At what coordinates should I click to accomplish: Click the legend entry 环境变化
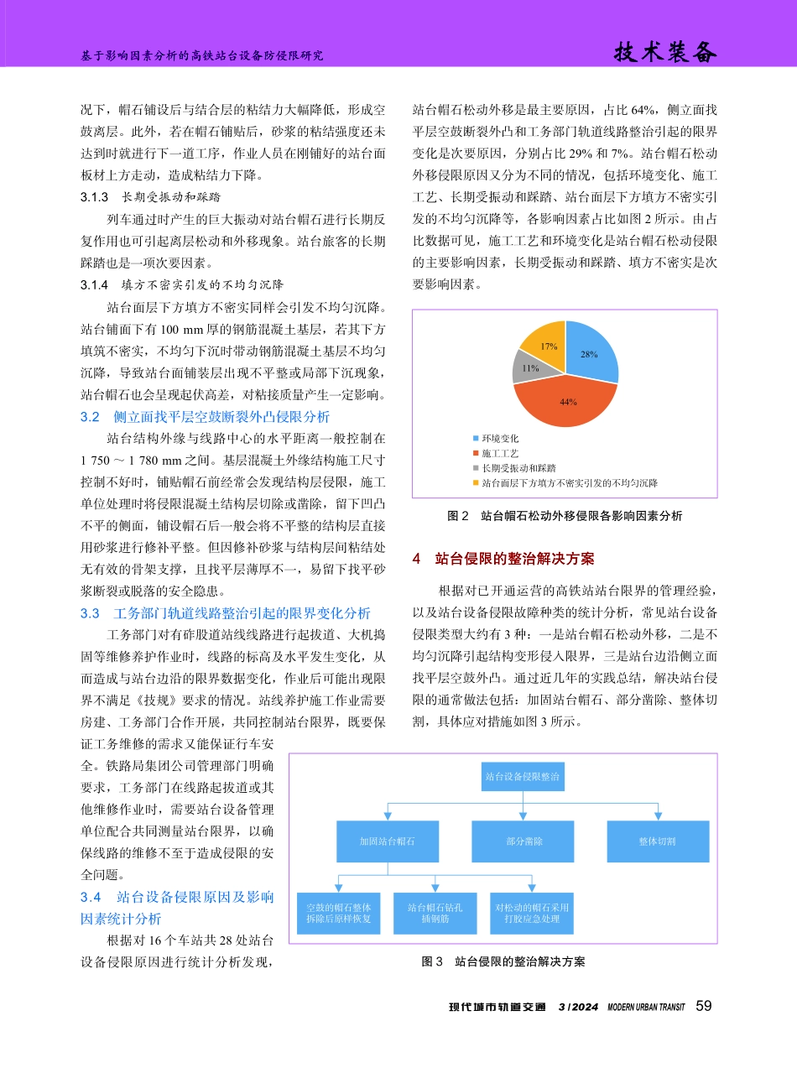[500, 439]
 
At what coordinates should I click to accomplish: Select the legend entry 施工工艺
[500, 453]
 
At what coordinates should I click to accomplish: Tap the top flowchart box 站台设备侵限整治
[523, 777]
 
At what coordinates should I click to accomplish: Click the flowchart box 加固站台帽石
[387, 841]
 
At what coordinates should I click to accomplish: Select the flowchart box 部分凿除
[523, 841]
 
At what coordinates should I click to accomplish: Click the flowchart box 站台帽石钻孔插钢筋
[435, 913]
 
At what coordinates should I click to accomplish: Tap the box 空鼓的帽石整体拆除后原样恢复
[338, 913]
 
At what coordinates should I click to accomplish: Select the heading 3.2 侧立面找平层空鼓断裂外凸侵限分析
[205, 416]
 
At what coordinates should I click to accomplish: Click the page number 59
[704, 1006]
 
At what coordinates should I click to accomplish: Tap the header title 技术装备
[666, 53]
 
